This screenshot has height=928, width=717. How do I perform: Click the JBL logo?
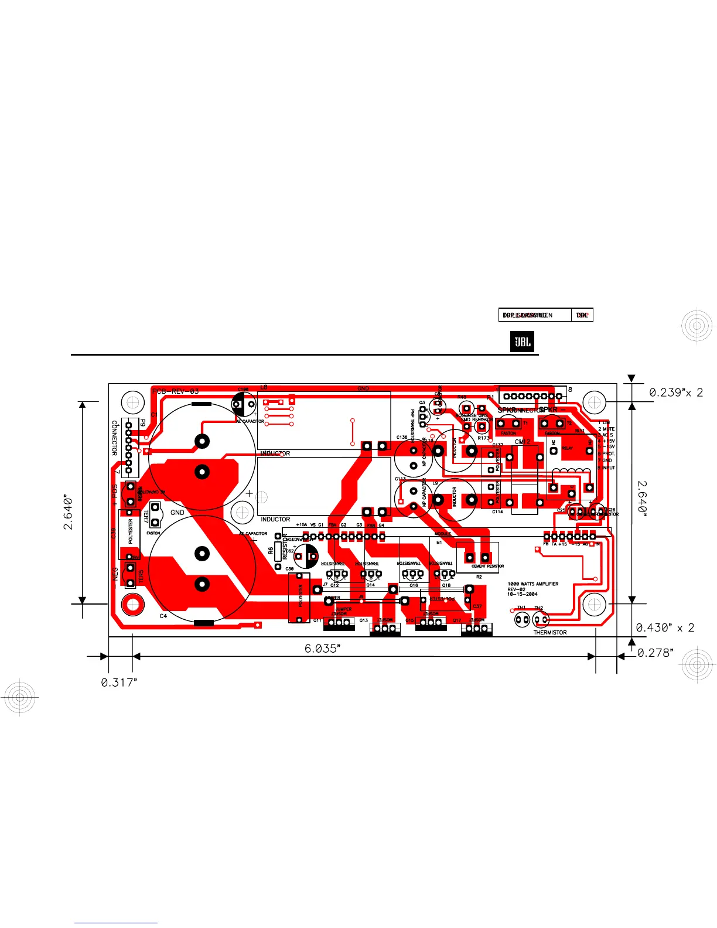(x=522, y=342)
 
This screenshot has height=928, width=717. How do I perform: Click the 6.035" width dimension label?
(x=322, y=649)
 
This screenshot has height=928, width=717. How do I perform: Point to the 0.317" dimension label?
(x=119, y=683)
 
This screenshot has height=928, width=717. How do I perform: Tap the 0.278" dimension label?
(x=655, y=653)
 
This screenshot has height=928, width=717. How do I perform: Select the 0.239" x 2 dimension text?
(x=675, y=393)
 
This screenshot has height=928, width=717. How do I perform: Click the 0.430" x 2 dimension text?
(x=665, y=627)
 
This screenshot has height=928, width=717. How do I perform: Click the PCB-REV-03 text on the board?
(x=175, y=391)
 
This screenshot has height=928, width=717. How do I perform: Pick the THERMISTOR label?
(x=549, y=633)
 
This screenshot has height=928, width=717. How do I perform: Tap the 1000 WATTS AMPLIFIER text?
(x=532, y=584)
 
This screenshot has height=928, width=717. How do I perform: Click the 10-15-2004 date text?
(x=522, y=594)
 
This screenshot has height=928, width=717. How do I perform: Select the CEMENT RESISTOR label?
(x=487, y=567)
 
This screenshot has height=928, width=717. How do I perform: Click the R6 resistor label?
(x=271, y=551)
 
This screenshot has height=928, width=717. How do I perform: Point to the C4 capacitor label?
(x=163, y=616)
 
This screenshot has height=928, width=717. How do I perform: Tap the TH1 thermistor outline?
(x=521, y=619)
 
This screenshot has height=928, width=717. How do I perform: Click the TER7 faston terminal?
(x=155, y=515)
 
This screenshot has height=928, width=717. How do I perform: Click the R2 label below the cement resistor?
(x=479, y=577)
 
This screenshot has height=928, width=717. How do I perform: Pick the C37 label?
(x=477, y=606)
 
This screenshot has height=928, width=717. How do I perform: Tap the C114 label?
(x=497, y=512)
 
